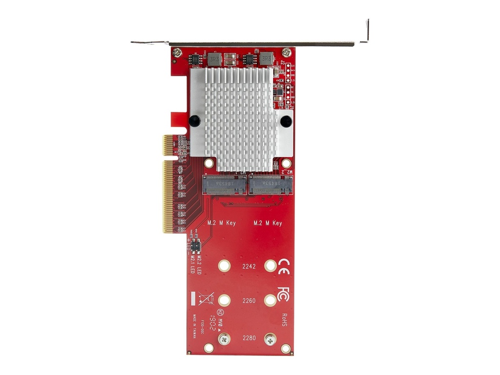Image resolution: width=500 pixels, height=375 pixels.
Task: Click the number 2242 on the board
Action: pyautogui.click(x=249, y=266)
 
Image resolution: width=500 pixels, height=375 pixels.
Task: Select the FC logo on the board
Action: pyautogui.click(x=283, y=293)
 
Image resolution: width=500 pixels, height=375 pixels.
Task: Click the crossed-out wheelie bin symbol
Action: pyautogui.click(x=206, y=298)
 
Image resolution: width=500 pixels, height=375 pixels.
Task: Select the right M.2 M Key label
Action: pyautogui.click(x=267, y=223)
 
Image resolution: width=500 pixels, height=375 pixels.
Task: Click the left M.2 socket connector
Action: pyautogui.click(x=224, y=185)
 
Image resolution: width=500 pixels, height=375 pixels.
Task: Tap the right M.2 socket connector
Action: pyautogui.click(x=271, y=185)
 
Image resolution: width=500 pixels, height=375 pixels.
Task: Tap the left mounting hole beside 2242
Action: pyautogui.click(x=224, y=266)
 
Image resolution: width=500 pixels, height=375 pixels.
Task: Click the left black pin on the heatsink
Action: pyautogui.click(x=194, y=120)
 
